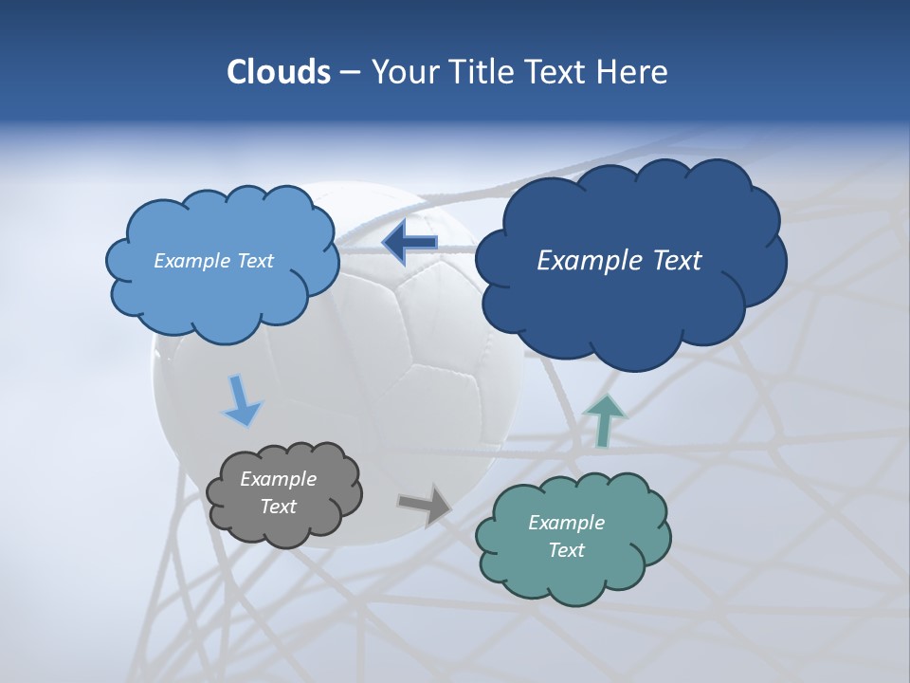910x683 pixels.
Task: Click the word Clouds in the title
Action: tap(278, 72)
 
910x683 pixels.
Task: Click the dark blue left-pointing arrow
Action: tap(409, 243)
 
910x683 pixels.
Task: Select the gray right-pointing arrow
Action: tap(426, 504)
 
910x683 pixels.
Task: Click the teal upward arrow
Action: tap(604, 420)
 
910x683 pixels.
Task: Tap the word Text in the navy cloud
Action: tap(672, 261)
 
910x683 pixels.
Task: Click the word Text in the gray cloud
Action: tap(278, 507)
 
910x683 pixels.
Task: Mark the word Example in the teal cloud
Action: tap(566, 523)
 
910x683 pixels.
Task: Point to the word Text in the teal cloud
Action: tap(566, 550)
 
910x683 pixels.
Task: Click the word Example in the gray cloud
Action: tap(278, 479)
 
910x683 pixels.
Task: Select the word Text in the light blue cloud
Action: tap(253, 261)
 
